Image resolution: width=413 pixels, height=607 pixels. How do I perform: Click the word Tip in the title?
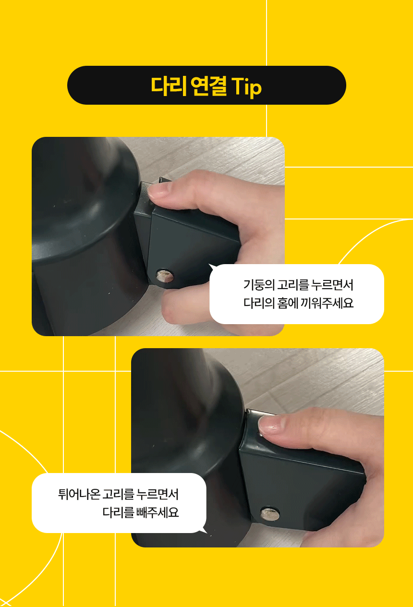[246, 87]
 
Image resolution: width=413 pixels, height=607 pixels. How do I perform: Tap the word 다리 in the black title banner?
[169, 86]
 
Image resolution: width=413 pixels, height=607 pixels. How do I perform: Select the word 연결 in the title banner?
[208, 86]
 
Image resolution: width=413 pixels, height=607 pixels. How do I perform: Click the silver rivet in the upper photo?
[165, 276]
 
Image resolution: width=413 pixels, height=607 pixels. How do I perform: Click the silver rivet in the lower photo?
[269, 514]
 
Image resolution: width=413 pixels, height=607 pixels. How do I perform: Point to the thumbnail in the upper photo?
[159, 191]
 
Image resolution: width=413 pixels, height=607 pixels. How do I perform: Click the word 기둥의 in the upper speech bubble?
[259, 285]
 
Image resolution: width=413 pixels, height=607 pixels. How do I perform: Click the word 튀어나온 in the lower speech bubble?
[79, 494]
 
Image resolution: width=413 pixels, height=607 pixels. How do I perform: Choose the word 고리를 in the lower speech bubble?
[118, 494]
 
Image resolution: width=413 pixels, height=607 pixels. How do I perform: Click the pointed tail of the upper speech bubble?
[209, 265]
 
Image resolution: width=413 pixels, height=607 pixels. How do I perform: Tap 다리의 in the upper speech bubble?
[259, 303]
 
